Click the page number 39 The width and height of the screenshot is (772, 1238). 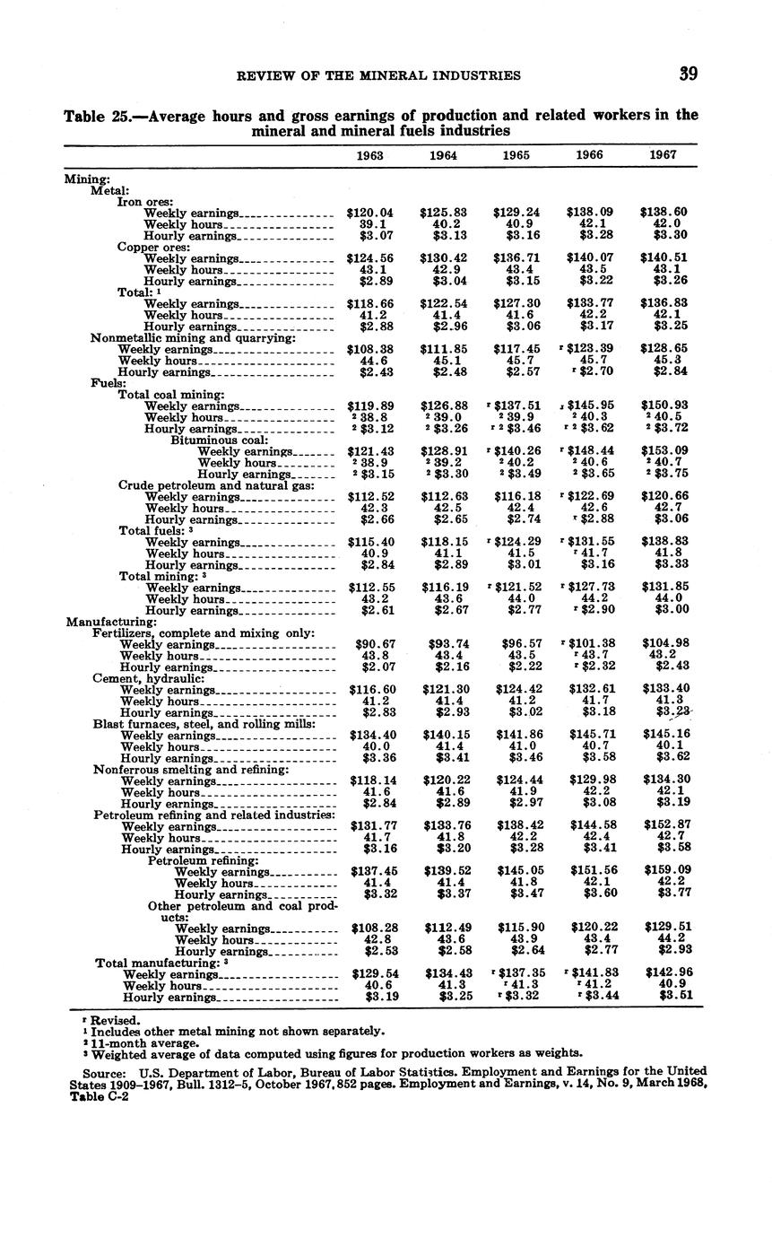[688, 74]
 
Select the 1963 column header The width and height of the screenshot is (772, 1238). [369, 155]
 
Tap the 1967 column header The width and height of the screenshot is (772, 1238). [663, 155]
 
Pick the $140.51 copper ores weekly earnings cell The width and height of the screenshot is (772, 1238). [663, 258]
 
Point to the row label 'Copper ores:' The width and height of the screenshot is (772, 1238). [150, 247]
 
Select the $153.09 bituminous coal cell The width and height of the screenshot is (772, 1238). [663, 451]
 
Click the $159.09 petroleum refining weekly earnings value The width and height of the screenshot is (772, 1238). [663, 871]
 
